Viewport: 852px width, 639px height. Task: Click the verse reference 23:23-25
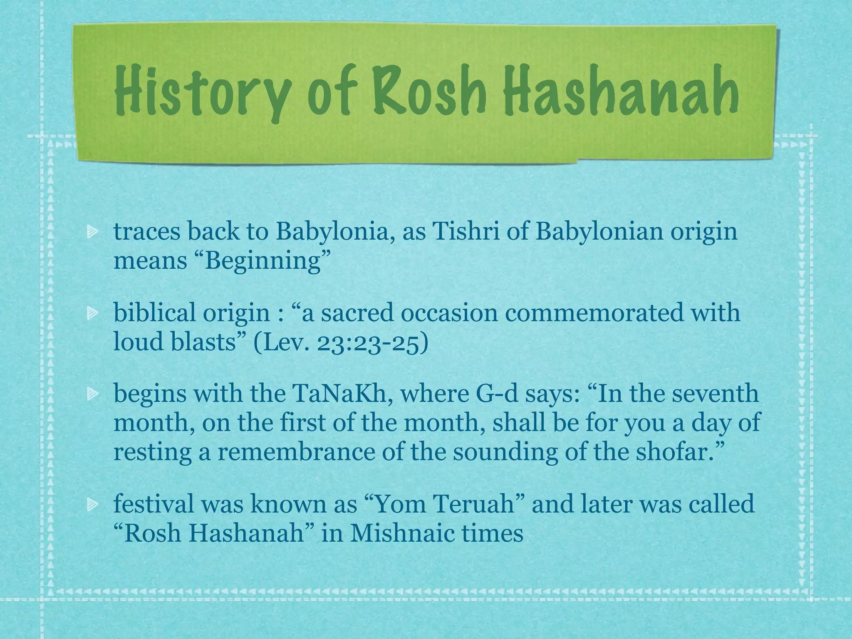pyautogui.click(x=372, y=343)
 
